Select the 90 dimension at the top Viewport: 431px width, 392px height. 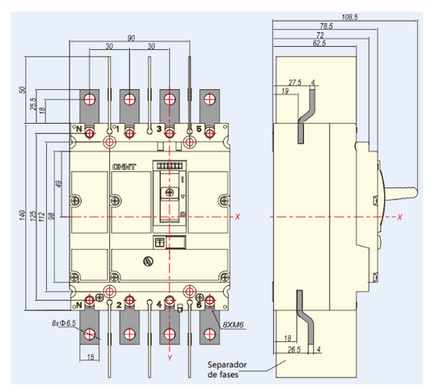129,38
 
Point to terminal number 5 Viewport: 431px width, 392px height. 199,129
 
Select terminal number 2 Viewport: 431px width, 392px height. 119,305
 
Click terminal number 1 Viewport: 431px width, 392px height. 117,129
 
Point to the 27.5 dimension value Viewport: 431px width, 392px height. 294,82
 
